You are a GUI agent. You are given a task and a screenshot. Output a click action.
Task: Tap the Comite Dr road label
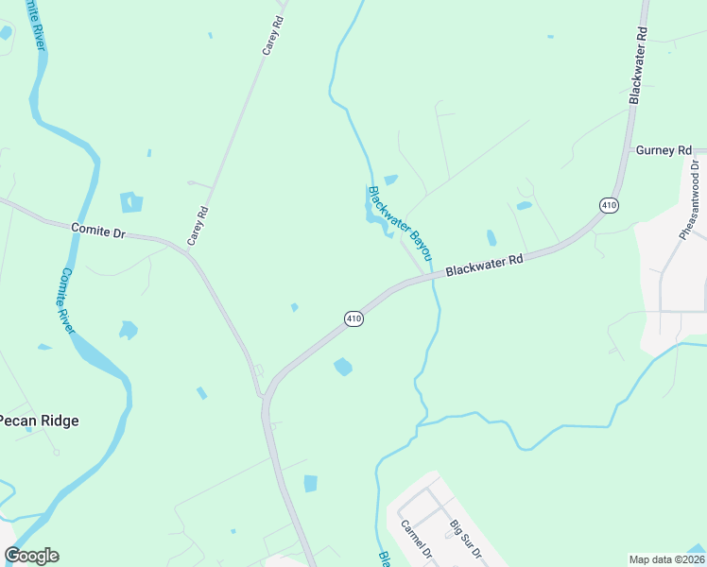99,230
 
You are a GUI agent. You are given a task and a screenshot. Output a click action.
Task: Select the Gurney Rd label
664,150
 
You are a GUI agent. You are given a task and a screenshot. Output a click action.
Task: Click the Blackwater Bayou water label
399,223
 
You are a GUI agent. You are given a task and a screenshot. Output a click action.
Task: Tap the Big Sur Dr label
465,539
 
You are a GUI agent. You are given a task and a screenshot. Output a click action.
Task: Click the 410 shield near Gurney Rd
609,204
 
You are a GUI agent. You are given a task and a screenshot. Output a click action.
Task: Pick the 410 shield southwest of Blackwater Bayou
353,319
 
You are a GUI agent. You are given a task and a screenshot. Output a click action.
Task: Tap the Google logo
31,556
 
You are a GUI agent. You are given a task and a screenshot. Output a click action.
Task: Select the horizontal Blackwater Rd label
484,265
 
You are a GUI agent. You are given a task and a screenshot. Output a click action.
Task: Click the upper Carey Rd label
274,34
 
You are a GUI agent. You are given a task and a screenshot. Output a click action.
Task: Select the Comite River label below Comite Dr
66,300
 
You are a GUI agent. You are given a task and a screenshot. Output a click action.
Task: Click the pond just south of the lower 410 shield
343,366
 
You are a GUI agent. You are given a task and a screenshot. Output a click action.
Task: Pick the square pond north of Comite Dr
130,201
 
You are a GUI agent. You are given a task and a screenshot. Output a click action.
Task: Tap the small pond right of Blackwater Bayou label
491,237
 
